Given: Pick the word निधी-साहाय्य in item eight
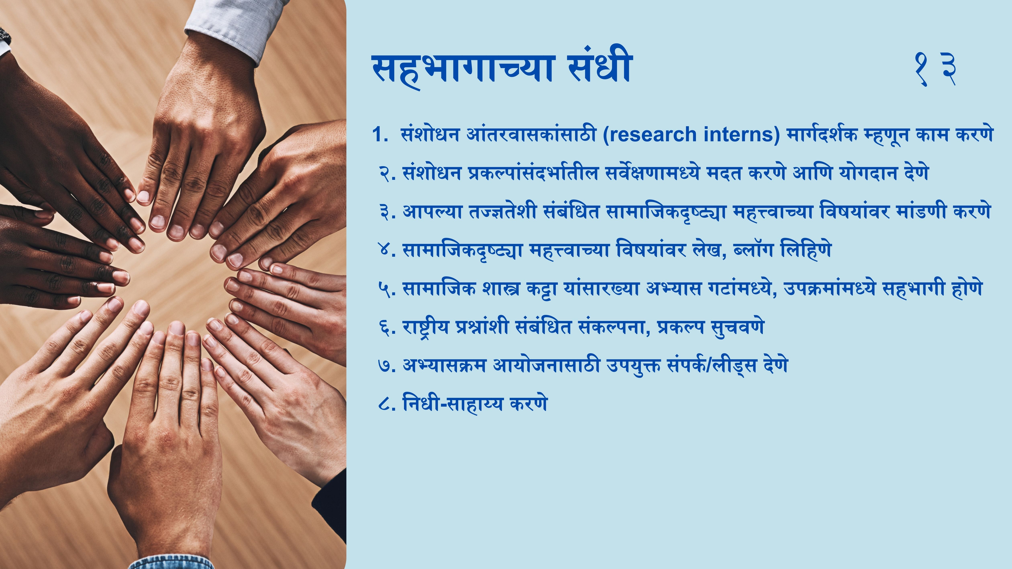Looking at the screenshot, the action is (453, 404).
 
